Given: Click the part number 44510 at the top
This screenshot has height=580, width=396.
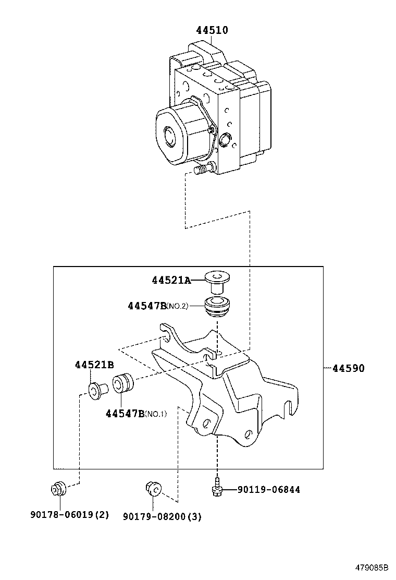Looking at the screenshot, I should click(212, 30).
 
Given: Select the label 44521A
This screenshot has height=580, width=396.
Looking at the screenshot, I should click(171, 280).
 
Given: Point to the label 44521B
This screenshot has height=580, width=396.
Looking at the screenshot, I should click(94, 365).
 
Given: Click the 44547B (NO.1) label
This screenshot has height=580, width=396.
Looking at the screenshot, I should click(136, 414).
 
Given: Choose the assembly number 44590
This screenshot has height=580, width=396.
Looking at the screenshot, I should click(348, 368).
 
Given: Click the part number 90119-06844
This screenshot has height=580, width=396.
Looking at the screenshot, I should click(268, 489).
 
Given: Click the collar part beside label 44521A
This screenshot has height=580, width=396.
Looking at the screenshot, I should click(218, 281).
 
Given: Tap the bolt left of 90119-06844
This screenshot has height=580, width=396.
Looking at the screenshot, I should click(216, 487).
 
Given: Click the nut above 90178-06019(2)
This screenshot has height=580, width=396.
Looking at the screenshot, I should click(58, 489).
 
